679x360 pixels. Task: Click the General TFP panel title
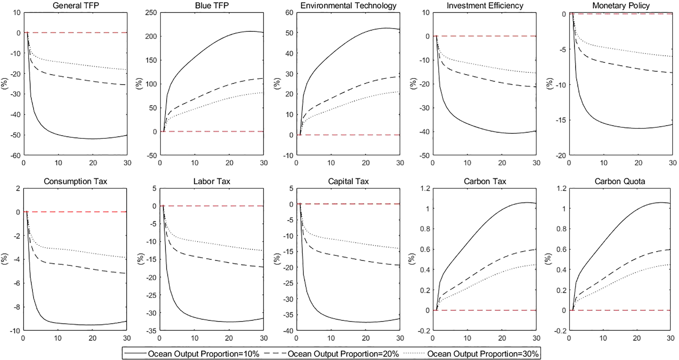click(76, 6)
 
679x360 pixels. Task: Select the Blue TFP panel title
click(212, 6)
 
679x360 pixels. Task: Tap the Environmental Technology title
click(348, 6)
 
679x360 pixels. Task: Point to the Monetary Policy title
click(621, 6)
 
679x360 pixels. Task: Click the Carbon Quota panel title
click(620, 182)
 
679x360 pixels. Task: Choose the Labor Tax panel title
click(212, 182)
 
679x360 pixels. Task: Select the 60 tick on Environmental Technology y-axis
click(290, 13)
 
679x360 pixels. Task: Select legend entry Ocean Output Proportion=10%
click(203, 354)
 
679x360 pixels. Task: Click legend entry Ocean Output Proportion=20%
click(343, 354)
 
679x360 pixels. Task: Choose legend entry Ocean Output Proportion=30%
click(483, 354)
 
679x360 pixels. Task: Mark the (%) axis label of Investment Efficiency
click(414, 84)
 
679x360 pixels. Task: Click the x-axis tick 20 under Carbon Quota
click(636, 338)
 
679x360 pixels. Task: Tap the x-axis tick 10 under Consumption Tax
click(58, 338)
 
